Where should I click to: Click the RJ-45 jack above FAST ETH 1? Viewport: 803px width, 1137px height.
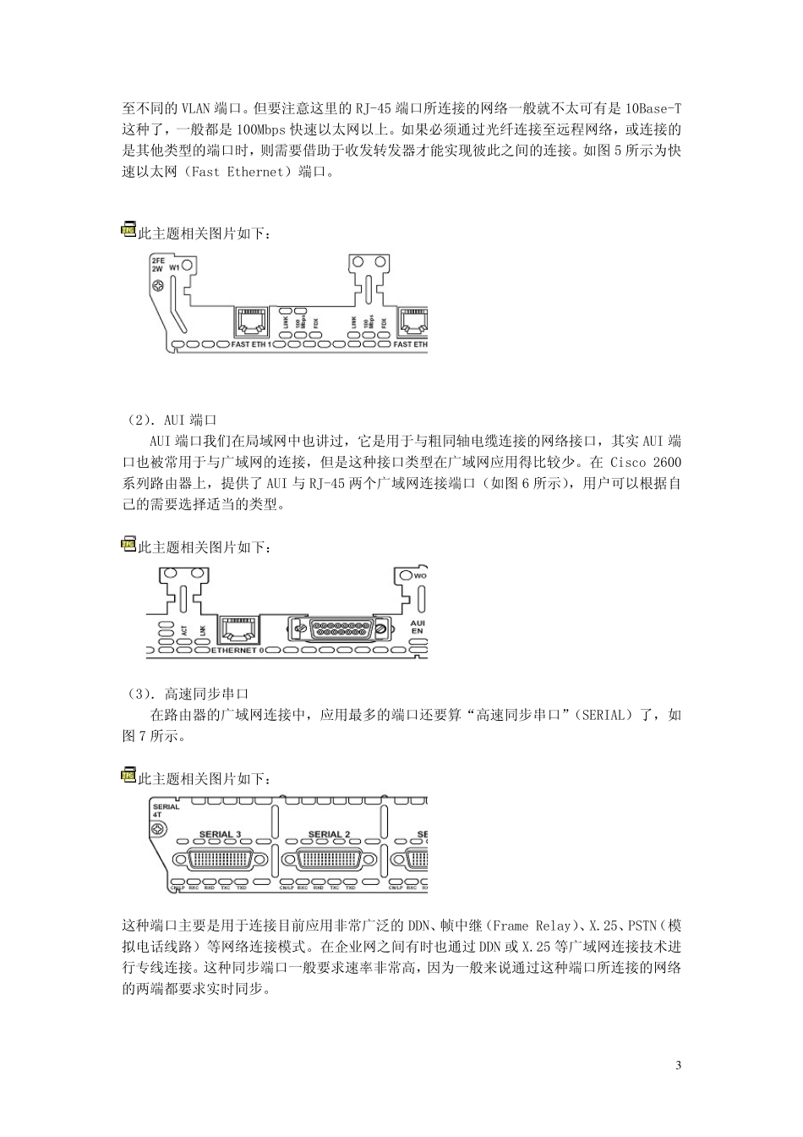click(x=250, y=321)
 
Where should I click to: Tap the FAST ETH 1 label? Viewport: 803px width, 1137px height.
click(x=252, y=345)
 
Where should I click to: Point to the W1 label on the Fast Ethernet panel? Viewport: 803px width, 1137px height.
click(x=175, y=266)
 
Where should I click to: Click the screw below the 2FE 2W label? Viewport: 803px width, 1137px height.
click(x=157, y=286)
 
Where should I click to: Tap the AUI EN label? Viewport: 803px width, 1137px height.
click(x=417, y=627)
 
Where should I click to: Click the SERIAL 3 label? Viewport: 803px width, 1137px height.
click(x=220, y=835)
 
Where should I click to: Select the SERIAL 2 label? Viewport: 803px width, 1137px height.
click(x=329, y=835)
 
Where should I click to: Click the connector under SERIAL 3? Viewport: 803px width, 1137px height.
click(x=220, y=861)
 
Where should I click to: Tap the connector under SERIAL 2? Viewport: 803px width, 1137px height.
click(x=329, y=861)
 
